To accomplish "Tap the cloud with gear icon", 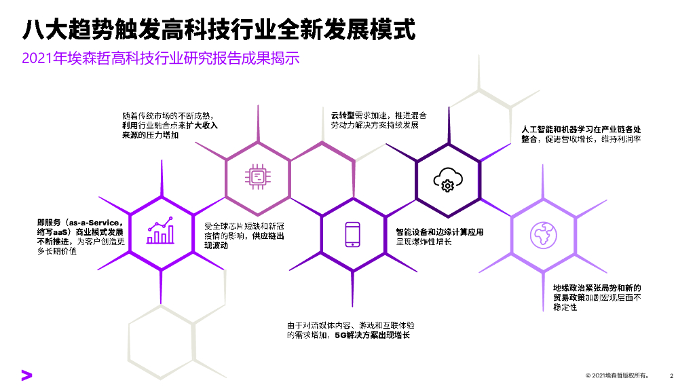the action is (447, 179).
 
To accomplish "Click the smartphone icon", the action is (352, 234).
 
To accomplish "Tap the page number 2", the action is (671, 375).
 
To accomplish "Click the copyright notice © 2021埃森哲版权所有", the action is (617, 375).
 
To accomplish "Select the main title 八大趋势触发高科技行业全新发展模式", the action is (219, 29).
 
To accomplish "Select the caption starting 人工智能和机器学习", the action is (581, 134).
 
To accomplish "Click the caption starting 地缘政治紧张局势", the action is (597, 297).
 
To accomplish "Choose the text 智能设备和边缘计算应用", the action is (440, 232).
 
